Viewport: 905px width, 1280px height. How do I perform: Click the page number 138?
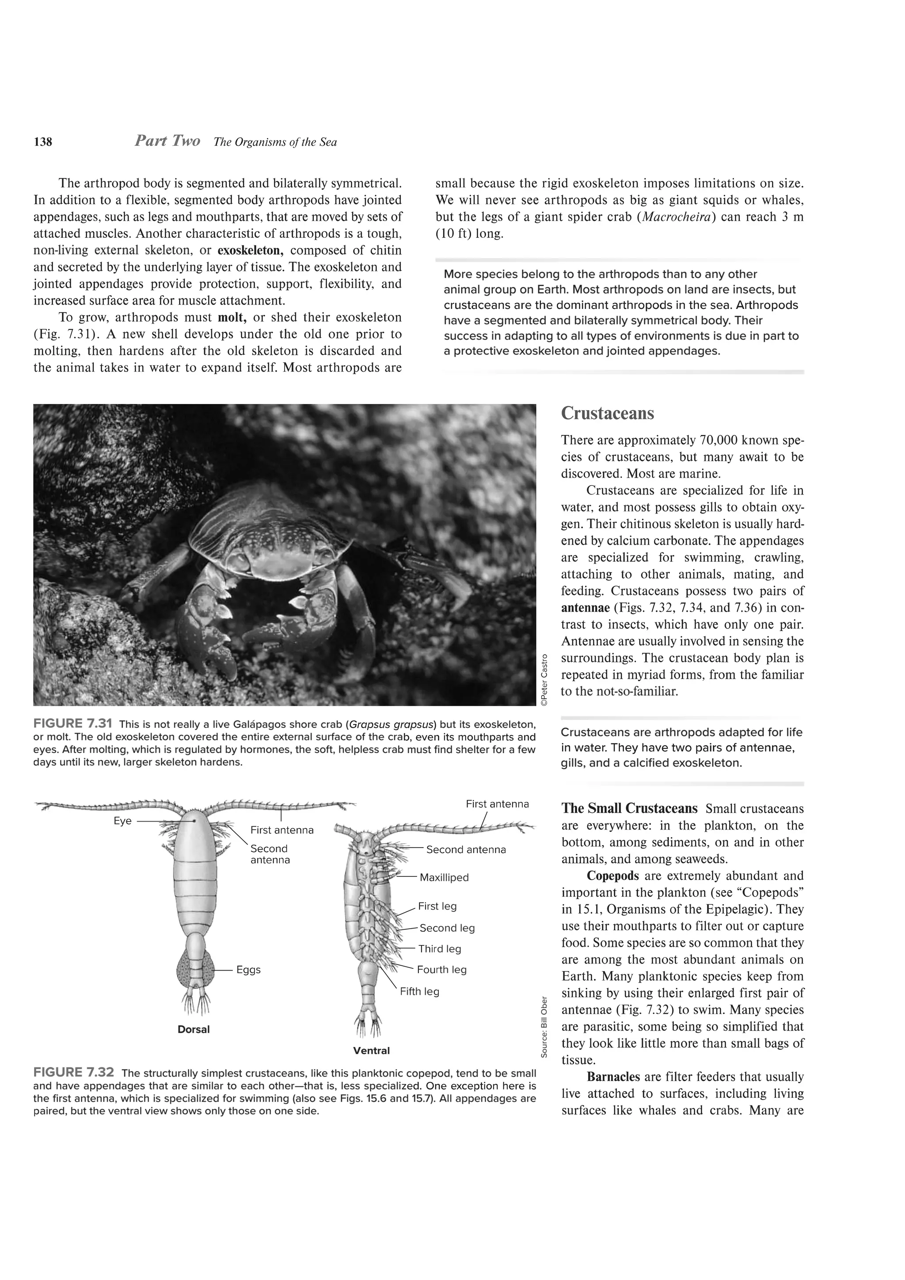(43, 142)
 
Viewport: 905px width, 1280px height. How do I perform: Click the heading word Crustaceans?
(608, 414)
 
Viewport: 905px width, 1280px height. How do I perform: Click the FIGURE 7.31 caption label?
(73, 724)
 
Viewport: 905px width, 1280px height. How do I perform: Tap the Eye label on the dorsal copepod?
(122, 821)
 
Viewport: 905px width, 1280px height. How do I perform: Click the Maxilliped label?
(444, 877)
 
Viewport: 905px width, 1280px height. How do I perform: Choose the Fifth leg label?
(420, 991)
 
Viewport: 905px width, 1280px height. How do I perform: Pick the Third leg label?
(440, 949)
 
